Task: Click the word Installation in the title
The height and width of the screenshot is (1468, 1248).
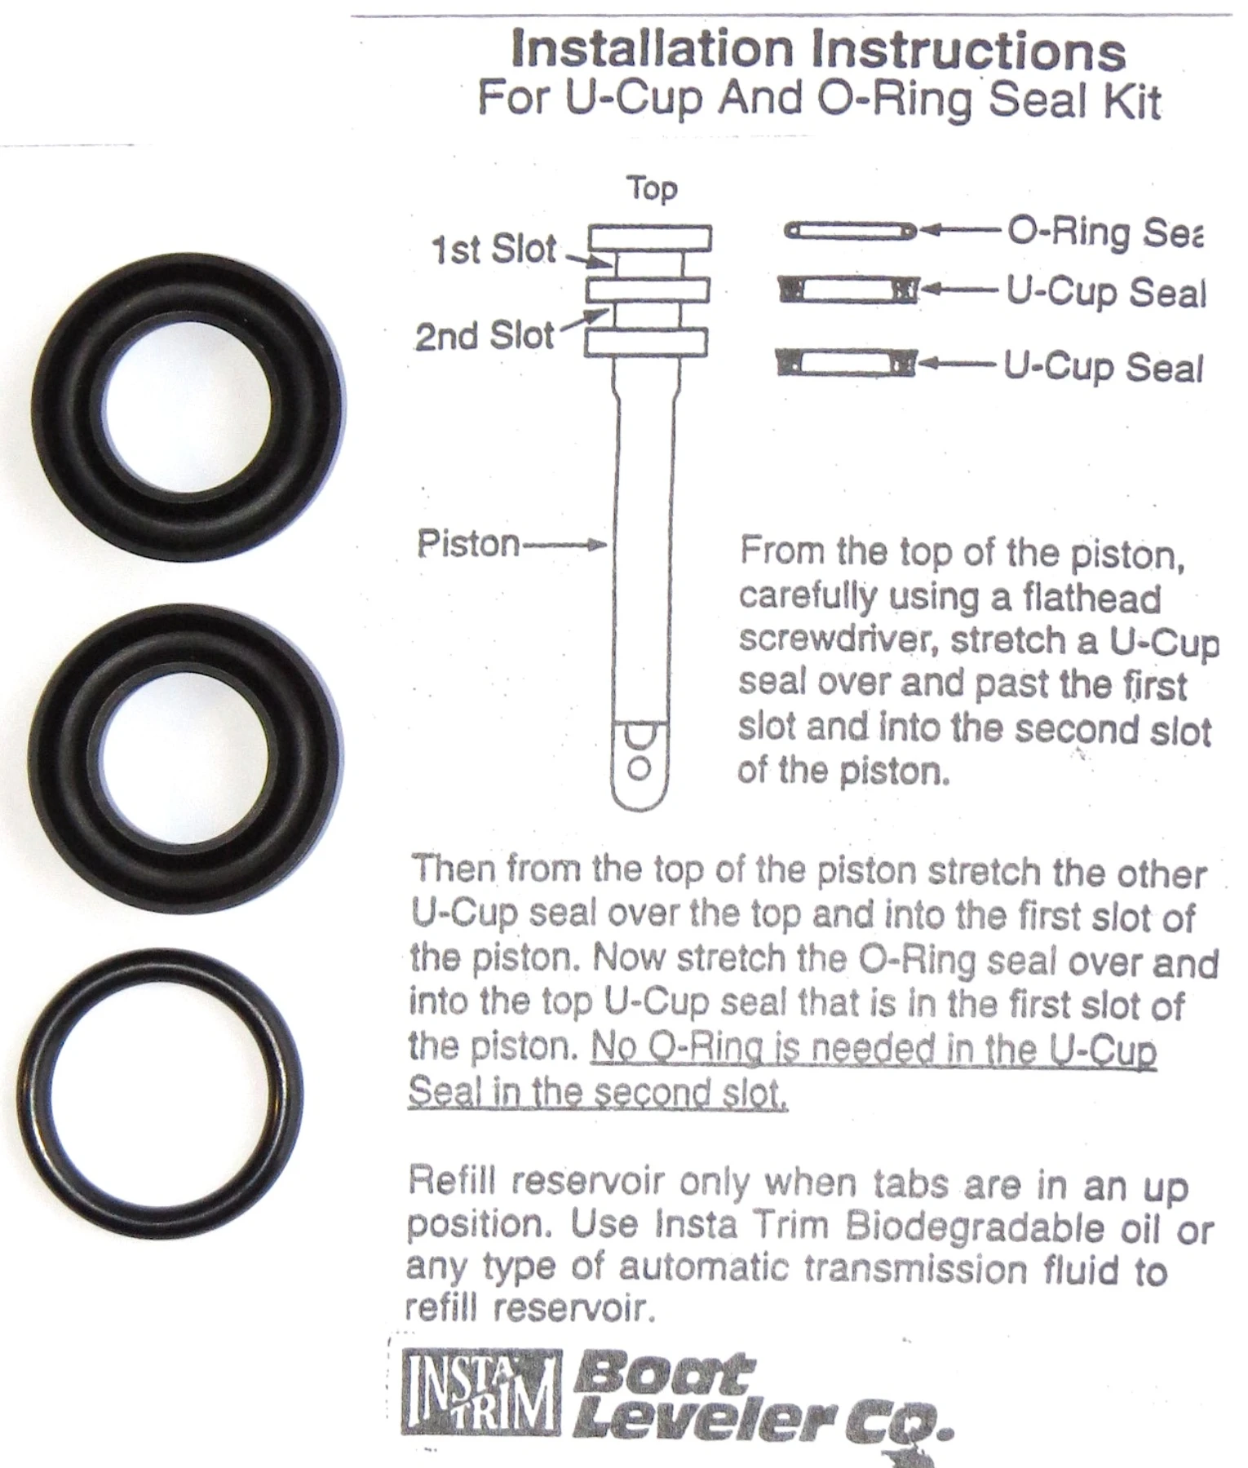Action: click(x=651, y=51)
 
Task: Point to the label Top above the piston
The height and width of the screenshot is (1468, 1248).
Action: click(x=652, y=189)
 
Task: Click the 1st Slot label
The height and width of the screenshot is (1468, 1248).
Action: click(x=493, y=250)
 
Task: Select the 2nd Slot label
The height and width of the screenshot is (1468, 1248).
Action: click(x=485, y=335)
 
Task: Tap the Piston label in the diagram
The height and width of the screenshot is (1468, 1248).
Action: click(x=468, y=543)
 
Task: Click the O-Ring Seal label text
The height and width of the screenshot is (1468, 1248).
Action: click(x=1104, y=233)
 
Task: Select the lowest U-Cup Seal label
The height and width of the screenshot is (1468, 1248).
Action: click(x=1102, y=367)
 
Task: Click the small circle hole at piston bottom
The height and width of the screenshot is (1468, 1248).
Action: click(x=639, y=768)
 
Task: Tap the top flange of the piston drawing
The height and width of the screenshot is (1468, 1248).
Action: click(x=650, y=237)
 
